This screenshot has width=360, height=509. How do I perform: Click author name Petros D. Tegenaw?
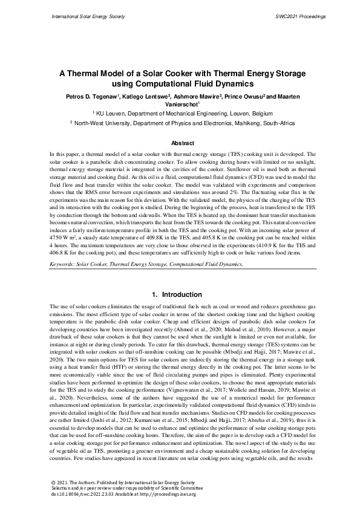[x=91, y=97]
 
